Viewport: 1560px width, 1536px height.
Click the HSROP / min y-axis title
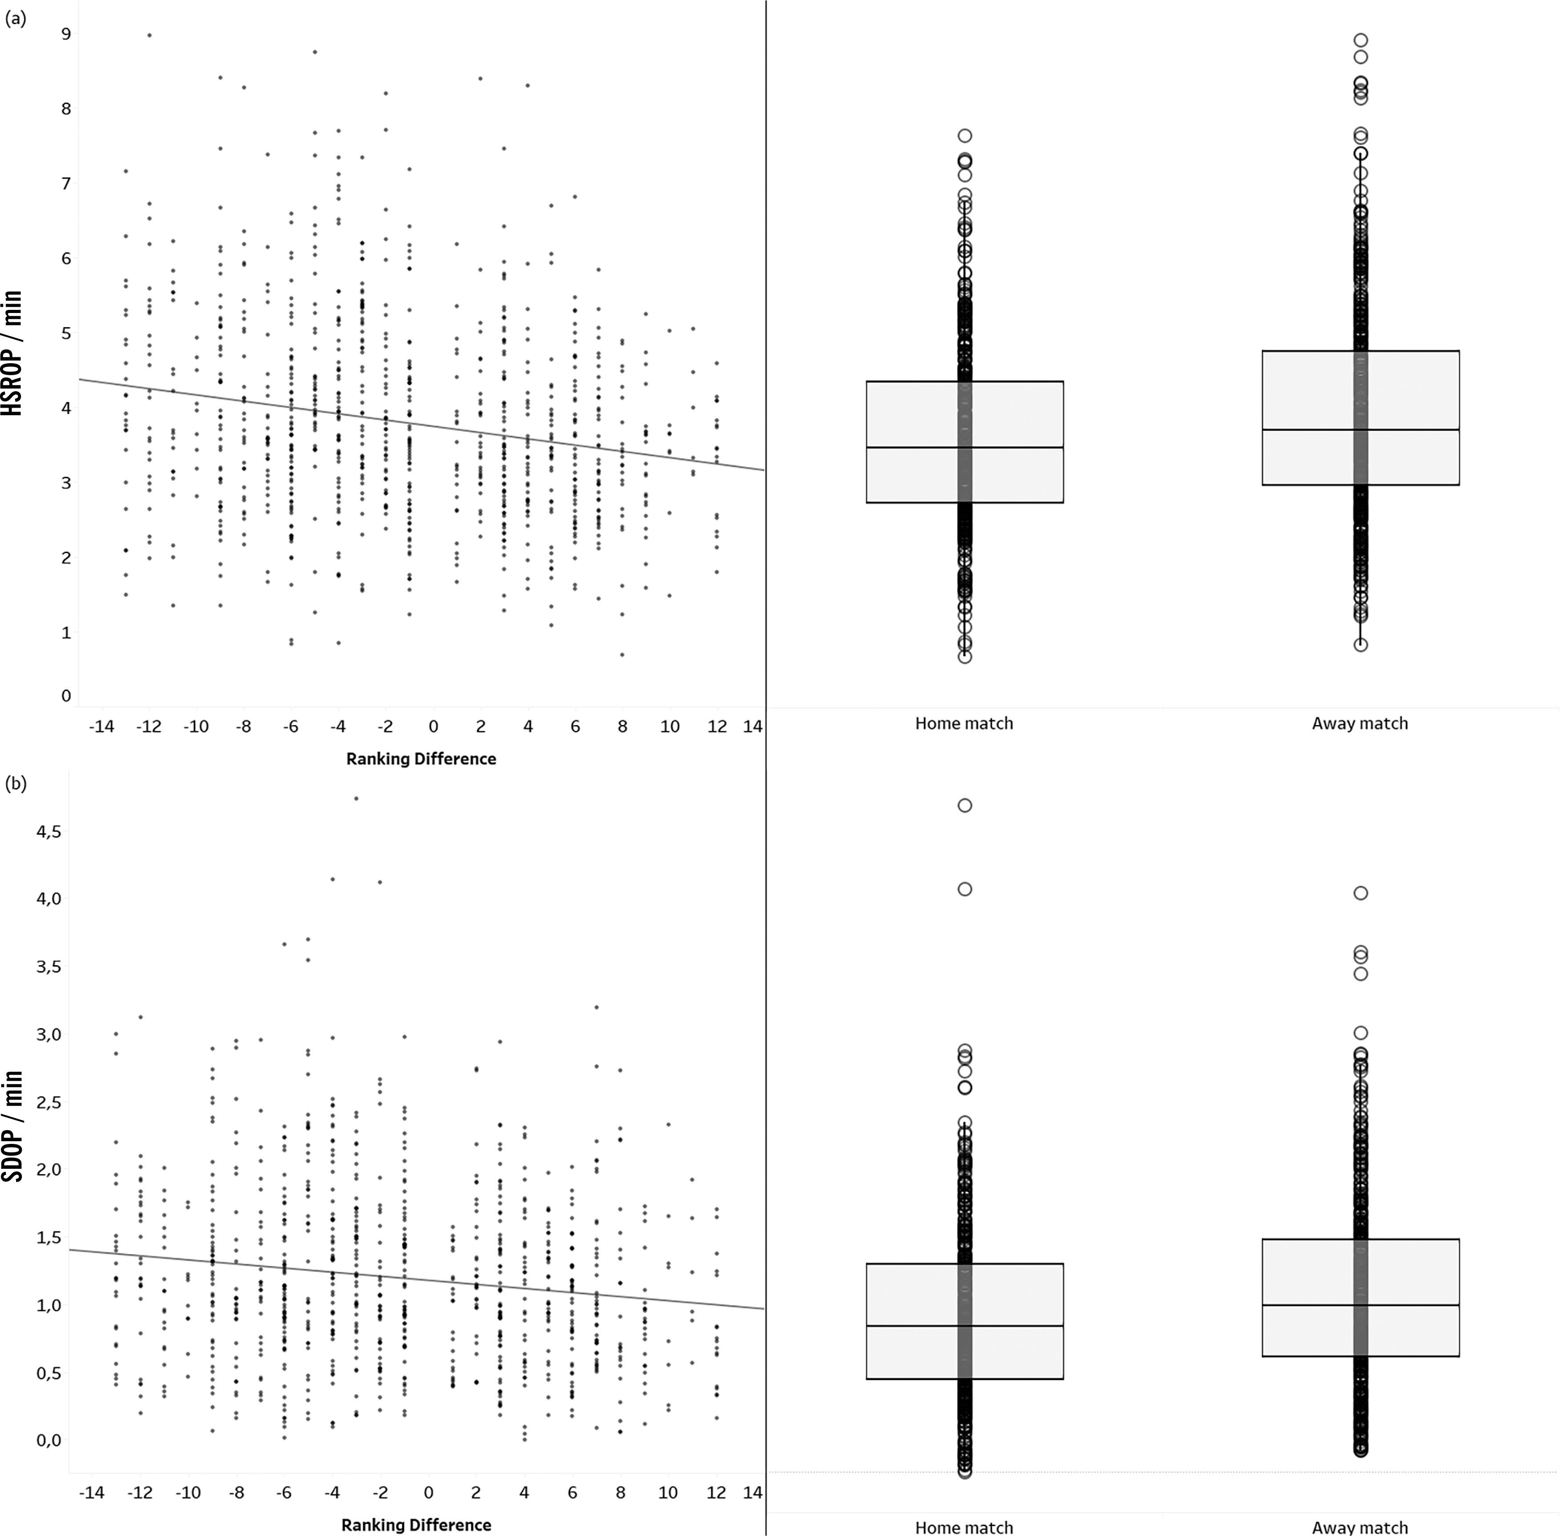pyautogui.click(x=13, y=353)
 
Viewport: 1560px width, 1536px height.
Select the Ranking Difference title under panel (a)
pyautogui.click(x=421, y=758)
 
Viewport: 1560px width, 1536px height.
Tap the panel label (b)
pyautogui.click(x=15, y=783)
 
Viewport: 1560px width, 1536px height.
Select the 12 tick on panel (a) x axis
pyautogui.click(x=717, y=727)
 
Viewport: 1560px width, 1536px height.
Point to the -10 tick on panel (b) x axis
pyautogui.click(x=188, y=1492)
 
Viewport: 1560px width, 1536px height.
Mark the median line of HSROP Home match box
pyautogui.click(x=965, y=447)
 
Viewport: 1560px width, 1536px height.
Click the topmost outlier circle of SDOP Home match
pyautogui.click(x=965, y=805)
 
